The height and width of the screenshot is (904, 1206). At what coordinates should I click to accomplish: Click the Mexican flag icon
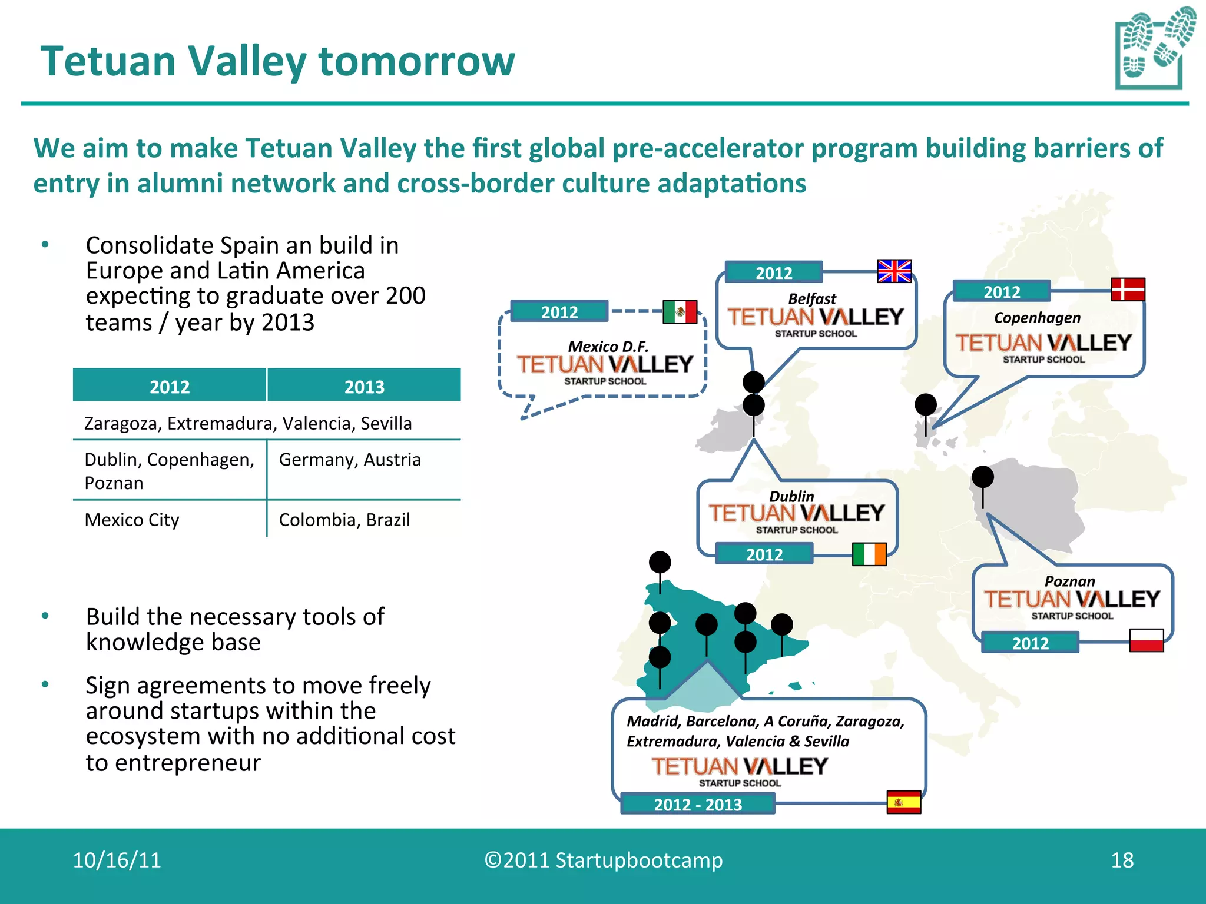pos(680,312)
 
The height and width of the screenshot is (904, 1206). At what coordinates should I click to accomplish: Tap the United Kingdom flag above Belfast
pos(894,271)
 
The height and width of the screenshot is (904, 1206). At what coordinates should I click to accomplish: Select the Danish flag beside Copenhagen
pos(1128,290)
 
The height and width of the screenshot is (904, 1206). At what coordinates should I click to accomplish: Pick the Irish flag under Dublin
pos(869,554)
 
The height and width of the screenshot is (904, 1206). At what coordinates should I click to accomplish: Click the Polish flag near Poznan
pos(1146,640)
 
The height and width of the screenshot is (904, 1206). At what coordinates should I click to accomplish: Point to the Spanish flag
pos(903,802)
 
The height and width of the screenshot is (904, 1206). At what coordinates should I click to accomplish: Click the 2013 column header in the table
pos(364,386)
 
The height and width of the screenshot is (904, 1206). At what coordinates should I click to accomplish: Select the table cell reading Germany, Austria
pos(350,460)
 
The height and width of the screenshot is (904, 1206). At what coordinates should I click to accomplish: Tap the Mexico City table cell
pos(132,520)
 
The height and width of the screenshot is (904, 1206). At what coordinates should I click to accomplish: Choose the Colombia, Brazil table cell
pos(344,520)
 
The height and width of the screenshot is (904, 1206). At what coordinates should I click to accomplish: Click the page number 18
pos(1122,860)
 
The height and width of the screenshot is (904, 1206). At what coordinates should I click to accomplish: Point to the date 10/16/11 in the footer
pos(117,860)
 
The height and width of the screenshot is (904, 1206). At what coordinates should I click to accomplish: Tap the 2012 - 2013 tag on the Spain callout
pos(698,804)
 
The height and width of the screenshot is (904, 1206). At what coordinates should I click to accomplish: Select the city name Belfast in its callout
pos(812,299)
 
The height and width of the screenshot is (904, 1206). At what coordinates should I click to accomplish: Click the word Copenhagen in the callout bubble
pos(1037,318)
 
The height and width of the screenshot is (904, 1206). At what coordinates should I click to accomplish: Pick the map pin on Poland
pos(982,477)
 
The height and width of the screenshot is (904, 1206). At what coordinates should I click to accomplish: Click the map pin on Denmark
pos(925,405)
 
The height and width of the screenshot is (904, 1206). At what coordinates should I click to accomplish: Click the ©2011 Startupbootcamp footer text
pos(603,860)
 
